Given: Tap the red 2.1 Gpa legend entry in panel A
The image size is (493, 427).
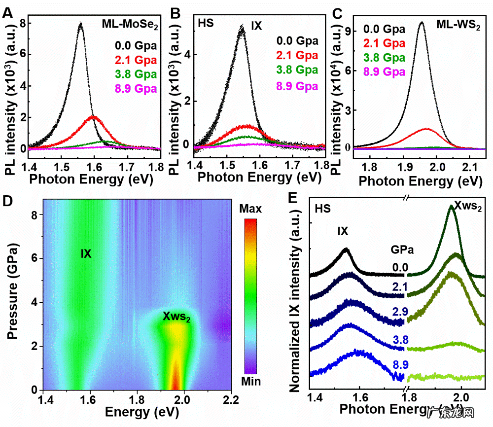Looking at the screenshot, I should [x=136, y=61].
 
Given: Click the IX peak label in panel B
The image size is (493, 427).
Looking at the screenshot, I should [x=256, y=25].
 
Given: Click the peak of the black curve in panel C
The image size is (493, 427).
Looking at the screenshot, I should [x=422, y=22].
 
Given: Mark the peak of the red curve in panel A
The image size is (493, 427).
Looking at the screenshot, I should [x=93, y=116].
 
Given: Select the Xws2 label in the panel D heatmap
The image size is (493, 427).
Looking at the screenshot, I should [x=177, y=317].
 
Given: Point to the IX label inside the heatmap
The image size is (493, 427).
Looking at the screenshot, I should [x=86, y=254].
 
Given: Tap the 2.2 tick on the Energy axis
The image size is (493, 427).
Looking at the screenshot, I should [x=231, y=399].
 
